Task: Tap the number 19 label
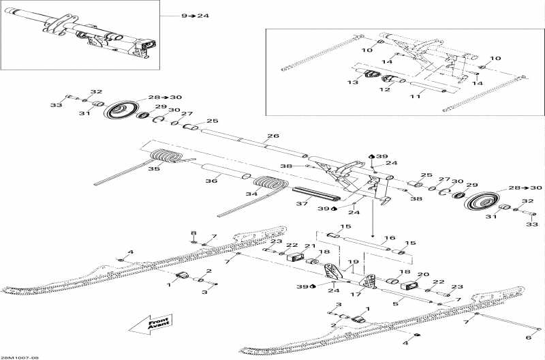tap(352, 262)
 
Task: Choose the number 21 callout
tap(309, 247)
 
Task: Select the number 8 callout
tap(193, 233)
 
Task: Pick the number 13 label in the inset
tap(352, 82)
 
